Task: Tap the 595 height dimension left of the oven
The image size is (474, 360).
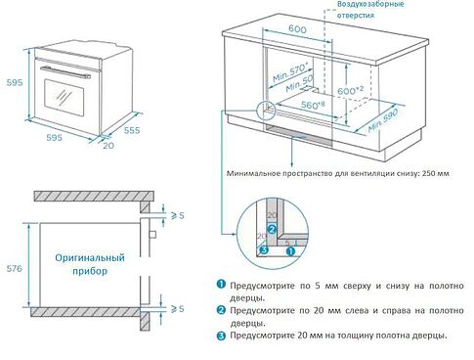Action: point(12,82)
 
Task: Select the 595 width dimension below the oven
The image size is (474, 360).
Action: point(54,138)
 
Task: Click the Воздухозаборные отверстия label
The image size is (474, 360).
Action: point(369,11)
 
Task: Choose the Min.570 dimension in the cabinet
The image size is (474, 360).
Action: point(290,68)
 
